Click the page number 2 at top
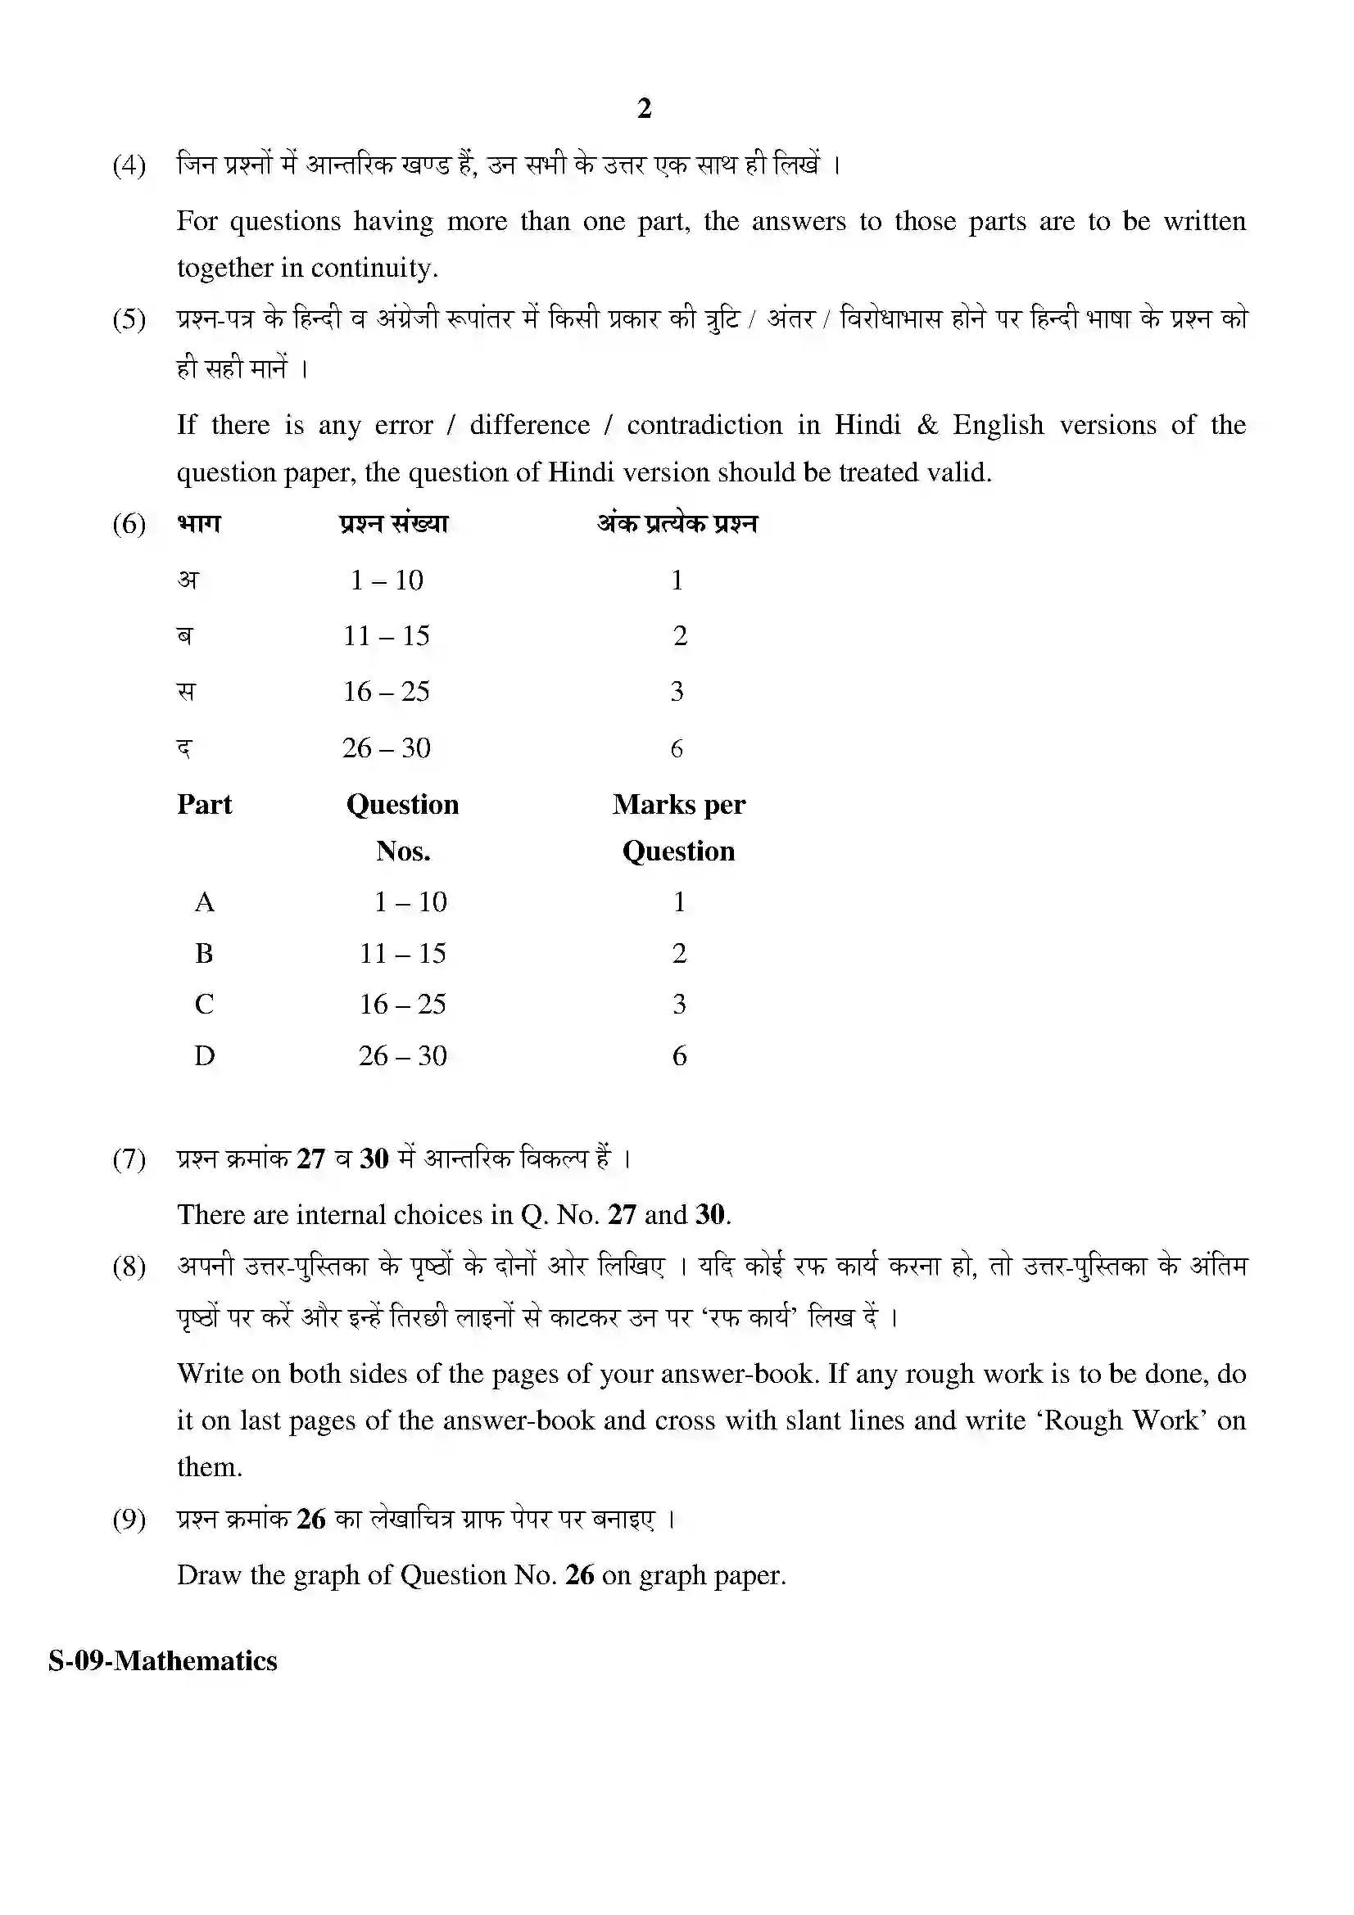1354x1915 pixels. tap(643, 108)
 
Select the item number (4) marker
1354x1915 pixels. tap(129, 165)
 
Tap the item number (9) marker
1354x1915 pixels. tap(129, 1519)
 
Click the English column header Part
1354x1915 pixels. tap(205, 804)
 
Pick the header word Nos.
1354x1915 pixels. tap(403, 851)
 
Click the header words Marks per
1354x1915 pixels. tap(678, 804)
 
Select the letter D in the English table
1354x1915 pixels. tap(205, 1056)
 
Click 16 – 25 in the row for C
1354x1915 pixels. tap(403, 1005)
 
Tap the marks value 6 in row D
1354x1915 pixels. tap(679, 1056)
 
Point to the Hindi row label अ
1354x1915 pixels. tap(188, 580)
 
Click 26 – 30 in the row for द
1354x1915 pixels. tap(387, 748)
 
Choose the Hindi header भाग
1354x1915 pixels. tap(199, 524)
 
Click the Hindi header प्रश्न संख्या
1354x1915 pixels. tap(394, 524)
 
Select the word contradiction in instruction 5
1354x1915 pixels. tap(704, 425)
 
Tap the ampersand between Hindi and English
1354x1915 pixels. tap(927, 425)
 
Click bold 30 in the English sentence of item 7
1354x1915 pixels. tap(710, 1214)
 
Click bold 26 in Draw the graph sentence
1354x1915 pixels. tap(579, 1574)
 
